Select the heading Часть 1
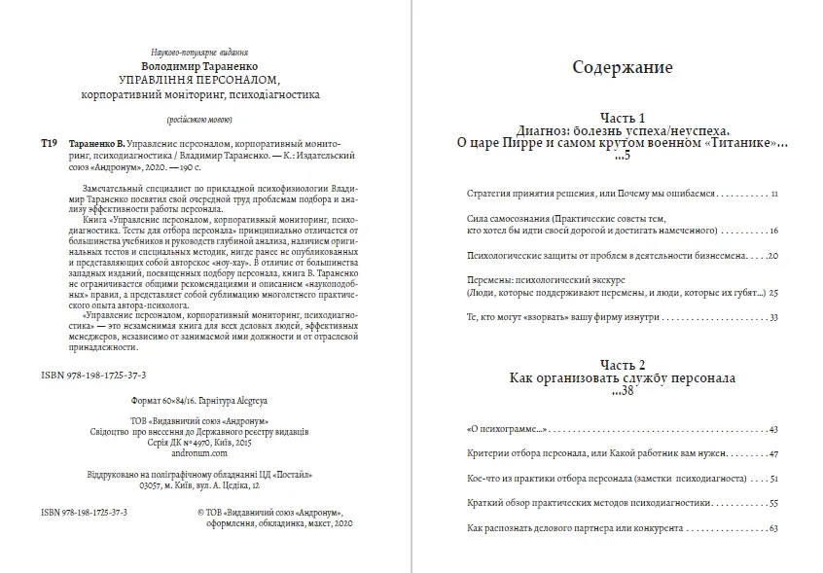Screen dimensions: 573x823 (622, 115)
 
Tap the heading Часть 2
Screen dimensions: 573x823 (622, 361)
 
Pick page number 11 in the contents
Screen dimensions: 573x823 (774, 195)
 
